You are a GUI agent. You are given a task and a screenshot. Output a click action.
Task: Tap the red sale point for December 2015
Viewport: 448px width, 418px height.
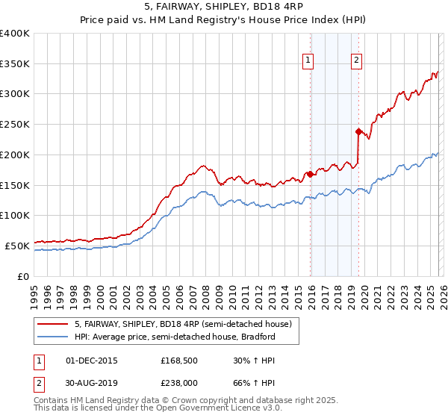[310, 174]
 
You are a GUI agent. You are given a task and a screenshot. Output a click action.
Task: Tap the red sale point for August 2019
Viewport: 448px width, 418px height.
[358, 131]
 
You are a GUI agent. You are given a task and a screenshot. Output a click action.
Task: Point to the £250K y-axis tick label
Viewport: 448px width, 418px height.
[15, 125]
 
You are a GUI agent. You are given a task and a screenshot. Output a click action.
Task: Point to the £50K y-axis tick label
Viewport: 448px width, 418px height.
[17, 246]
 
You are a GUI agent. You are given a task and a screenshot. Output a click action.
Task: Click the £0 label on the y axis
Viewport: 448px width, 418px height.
[23, 276]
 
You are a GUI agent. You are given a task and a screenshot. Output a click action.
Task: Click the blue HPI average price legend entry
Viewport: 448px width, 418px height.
[175, 337]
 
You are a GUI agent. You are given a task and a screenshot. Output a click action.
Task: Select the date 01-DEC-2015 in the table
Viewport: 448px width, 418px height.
[92, 361]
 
